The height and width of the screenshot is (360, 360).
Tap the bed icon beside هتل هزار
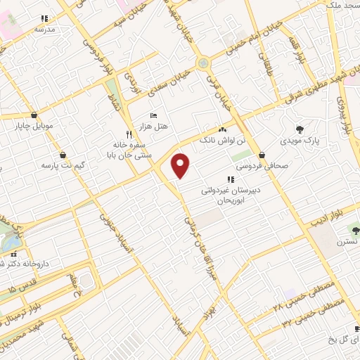click(x=153, y=115)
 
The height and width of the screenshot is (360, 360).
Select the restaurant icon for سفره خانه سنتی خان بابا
click(x=128, y=134)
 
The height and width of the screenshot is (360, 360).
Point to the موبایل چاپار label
click(x=34, y=127)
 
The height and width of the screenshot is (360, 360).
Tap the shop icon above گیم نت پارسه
click(x=63, y=155)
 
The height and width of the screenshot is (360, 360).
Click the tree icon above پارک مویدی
click(x=301, y=129)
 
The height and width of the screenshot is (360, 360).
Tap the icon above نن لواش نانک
click(x=223, y=130)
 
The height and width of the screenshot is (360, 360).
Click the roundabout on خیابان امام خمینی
click(x=204, y=63)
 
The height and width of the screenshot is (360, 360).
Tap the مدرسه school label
click(x=44, y=30)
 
